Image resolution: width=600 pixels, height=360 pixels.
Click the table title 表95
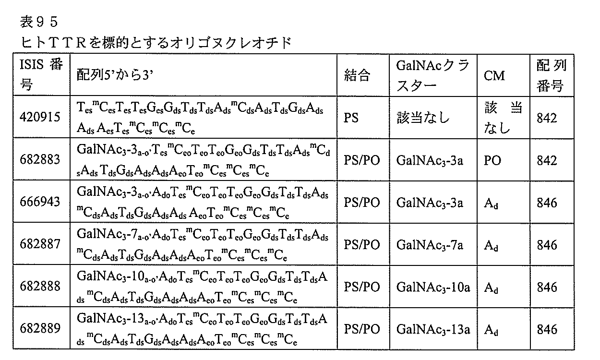pyautogui.click(x=40, y=21)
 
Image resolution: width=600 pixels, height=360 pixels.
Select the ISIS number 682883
pyautogui.click(x=40, y=160)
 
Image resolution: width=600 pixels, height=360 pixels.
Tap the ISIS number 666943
pyautogui.click(x=40, y=202)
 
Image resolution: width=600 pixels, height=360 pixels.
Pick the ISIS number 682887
pyautogui.click(x=40, y=244)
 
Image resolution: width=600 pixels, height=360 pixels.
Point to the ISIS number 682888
pyautogui.click(x=40, y=287)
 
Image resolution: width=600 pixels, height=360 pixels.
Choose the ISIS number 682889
pyautogui.click(x=40, y=329)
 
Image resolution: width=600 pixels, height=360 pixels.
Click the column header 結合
pyautogui.click(x=358, y=75)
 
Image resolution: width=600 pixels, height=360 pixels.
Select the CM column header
pyautogui.click(x=494, y=75)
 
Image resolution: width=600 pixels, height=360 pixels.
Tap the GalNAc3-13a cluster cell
pyautogui.click(x=433, y=330)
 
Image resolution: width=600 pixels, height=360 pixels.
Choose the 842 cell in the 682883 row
pyautogui.click(x=547, y=160)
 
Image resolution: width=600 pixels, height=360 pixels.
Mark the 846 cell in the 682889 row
pyautogui.click(x=547, y=330)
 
